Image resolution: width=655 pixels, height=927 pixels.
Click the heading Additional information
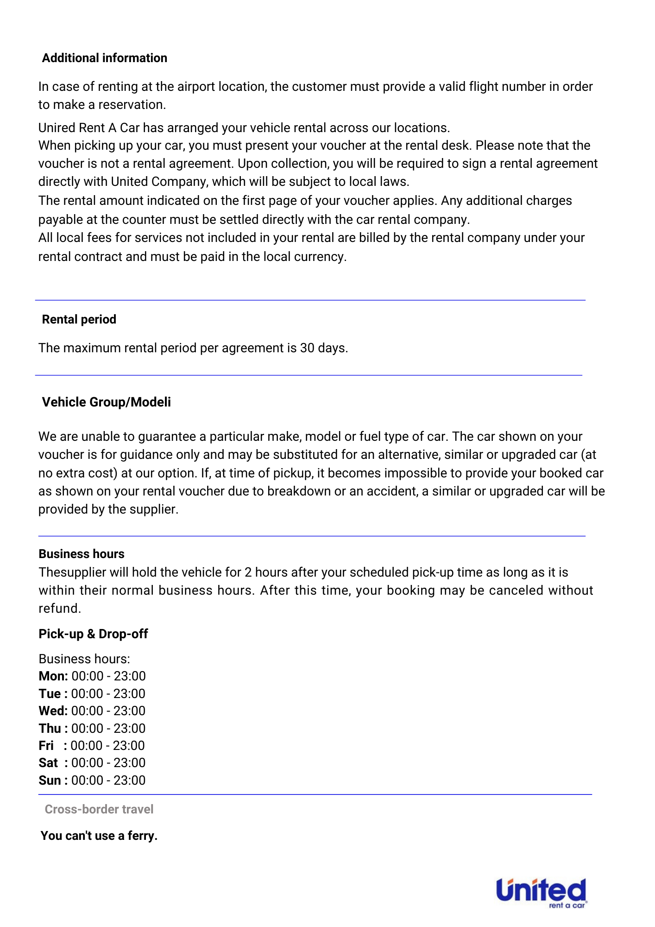click(x=104, y=58)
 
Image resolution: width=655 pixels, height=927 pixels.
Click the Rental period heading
click(x=79, y=319)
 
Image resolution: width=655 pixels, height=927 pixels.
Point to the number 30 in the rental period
click(x=307, y=348)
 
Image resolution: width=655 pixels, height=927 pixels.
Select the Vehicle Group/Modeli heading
click(x=106, y=402)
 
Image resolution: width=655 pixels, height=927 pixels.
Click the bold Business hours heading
click(x=82, y=554)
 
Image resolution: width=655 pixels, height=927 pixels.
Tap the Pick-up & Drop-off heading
click(x=93, y=634)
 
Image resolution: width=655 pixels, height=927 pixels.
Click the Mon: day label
click(x=53, y=676)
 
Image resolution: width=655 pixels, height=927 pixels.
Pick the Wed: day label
click(x=53, y=711)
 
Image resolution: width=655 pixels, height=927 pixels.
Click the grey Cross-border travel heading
click(x=99, y=809)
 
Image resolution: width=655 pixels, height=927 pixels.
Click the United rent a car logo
click(x=541, y=893)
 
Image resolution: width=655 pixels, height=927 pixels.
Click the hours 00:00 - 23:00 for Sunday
click(x=108, y=781)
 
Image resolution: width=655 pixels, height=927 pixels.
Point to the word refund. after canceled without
click(x=60, y=609)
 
